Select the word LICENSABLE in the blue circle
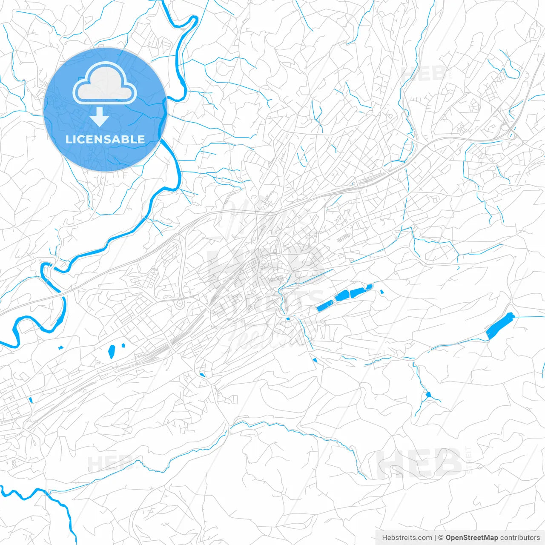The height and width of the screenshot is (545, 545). coord(105,139)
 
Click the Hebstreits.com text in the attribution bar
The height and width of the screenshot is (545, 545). coord(407,538)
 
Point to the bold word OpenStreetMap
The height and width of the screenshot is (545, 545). coord(472,538)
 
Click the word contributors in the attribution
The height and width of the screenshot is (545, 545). coord(520,538)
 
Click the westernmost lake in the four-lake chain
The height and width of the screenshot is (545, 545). coord(324,306)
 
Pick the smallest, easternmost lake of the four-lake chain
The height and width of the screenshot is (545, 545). coord(369,287)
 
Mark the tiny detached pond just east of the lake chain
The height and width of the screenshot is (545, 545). coord(382,292)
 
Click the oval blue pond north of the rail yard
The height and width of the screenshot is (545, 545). coord(112,351)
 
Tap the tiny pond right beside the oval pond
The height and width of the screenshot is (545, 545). coord(123,345)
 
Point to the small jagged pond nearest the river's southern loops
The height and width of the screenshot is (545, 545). coord(60,347)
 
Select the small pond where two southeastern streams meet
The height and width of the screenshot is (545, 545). coord(428,395)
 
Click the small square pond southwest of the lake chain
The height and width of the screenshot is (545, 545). coord(288,318)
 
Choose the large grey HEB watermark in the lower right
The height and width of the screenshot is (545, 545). coord(419,463)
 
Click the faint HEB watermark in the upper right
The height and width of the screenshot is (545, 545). coord(424,73)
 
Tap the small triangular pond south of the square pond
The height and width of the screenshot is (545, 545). coord(315,360)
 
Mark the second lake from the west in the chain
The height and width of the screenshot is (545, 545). coord(342,296)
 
